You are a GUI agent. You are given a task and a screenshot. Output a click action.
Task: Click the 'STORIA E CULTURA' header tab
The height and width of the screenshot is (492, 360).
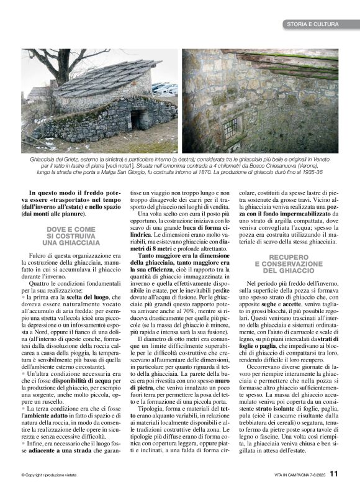[312, 24]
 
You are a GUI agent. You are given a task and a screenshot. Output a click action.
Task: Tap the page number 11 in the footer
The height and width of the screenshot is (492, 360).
[334, 473]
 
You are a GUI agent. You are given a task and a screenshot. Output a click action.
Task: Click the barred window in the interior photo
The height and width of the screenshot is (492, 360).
[230, 128]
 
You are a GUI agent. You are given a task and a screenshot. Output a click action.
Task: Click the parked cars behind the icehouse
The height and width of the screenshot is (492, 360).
[164, 89]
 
